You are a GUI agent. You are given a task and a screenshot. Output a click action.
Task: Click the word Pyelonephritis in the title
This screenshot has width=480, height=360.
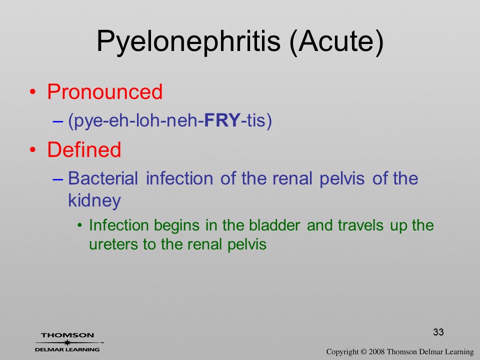pos(188,41)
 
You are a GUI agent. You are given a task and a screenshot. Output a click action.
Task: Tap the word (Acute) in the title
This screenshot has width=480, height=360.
pos(336,41)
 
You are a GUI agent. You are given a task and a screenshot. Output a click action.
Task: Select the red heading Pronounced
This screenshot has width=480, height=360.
pos(104,91)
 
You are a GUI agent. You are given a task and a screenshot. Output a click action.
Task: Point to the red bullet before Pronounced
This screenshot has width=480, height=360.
pos(33,92)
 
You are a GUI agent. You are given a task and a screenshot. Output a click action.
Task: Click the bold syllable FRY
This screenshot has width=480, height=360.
pos(222,120)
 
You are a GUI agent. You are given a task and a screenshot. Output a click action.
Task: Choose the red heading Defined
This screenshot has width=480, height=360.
pos(84,149)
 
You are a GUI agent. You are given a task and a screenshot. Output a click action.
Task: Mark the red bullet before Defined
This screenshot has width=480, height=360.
pos(33,149)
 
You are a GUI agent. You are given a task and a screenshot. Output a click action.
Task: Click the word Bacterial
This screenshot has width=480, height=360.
pos(103,178)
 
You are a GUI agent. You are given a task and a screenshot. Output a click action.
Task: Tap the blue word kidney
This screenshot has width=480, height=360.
pos(94,201)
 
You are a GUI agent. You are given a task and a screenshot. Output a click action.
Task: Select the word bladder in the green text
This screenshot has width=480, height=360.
pos(274,225)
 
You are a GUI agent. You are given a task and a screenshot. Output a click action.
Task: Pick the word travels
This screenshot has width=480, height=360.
pos(360,225)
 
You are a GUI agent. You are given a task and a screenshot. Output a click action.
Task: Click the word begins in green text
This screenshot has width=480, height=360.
pos(177,226)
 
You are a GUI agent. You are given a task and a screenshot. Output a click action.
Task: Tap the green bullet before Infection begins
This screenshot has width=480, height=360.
pos(80,225)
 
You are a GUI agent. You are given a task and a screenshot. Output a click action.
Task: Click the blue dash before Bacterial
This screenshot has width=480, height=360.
pos(58,178)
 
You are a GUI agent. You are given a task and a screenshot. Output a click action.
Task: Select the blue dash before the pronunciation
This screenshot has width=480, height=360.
pos(58,120)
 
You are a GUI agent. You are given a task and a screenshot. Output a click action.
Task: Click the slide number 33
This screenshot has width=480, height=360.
pos(438,332)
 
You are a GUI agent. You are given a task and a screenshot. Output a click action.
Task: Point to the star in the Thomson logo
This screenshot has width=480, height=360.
pos(67,342)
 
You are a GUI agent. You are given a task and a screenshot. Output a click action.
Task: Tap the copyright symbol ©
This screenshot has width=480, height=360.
pos(363,351)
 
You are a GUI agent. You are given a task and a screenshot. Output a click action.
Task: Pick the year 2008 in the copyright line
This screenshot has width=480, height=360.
pos(376,351)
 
